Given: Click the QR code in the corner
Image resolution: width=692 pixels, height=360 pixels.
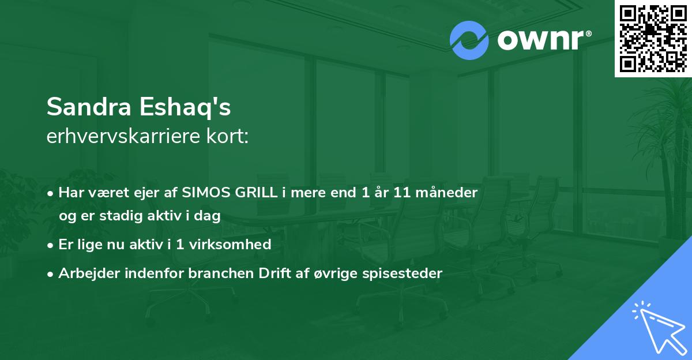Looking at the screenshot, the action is click(653, 38).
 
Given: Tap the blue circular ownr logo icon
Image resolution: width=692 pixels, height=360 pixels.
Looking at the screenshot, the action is click(469, 40).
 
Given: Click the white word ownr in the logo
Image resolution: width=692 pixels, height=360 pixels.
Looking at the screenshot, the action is click(540, 40).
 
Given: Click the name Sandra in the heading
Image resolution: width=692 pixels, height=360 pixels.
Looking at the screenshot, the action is click(89, 107).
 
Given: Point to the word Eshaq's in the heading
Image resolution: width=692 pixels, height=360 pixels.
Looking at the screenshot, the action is click(185, 107).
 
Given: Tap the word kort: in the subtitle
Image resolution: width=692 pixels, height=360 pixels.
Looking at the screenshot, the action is click(227, 136).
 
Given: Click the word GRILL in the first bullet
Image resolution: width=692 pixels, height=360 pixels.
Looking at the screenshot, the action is click(256, 193).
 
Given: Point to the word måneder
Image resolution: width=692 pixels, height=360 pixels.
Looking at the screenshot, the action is click(446, 192).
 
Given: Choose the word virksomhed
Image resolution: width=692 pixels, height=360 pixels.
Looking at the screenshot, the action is click(230, 244).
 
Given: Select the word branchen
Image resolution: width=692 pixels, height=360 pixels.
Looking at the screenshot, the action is click(221, 273).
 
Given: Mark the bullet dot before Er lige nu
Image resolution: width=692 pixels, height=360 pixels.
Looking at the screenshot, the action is click(50, 246).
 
